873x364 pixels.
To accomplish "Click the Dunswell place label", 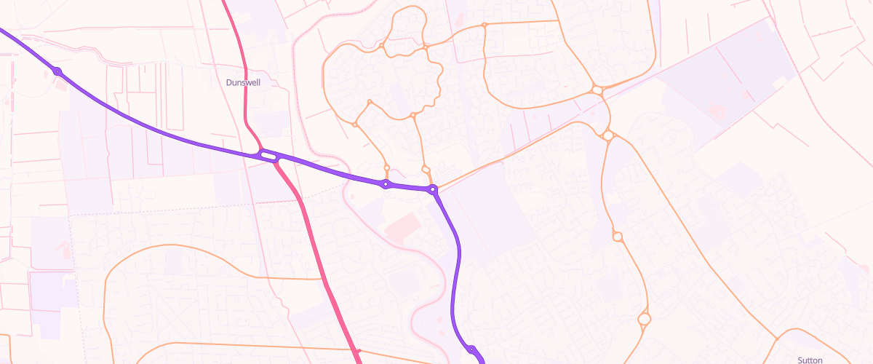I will click(x=243, y=83).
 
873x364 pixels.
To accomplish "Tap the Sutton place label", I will click(x=810, y=360).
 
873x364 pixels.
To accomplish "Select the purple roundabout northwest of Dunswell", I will click(x=57, y=71).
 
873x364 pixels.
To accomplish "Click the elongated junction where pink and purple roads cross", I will click(x=268, y=155).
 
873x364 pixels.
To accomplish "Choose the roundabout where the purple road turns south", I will click(x=433, y=190).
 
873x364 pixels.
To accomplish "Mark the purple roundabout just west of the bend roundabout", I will click(x=386, y=183).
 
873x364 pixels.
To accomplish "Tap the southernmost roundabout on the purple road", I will click(x=471, y=350).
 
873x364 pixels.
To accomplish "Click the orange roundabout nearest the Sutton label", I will click(x=644, y=318).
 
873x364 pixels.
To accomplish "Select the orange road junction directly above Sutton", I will click(x=776, y=340).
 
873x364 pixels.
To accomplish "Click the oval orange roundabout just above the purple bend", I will click(x=426, y=169).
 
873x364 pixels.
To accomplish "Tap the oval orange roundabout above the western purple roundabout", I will click(x=386, y=167).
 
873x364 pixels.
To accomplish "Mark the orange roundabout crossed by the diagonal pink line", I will click(x=597, y=90).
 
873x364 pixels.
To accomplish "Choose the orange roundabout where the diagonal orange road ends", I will click(x=608, y=135).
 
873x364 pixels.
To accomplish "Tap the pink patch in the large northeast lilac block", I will click(x=717, y=111).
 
